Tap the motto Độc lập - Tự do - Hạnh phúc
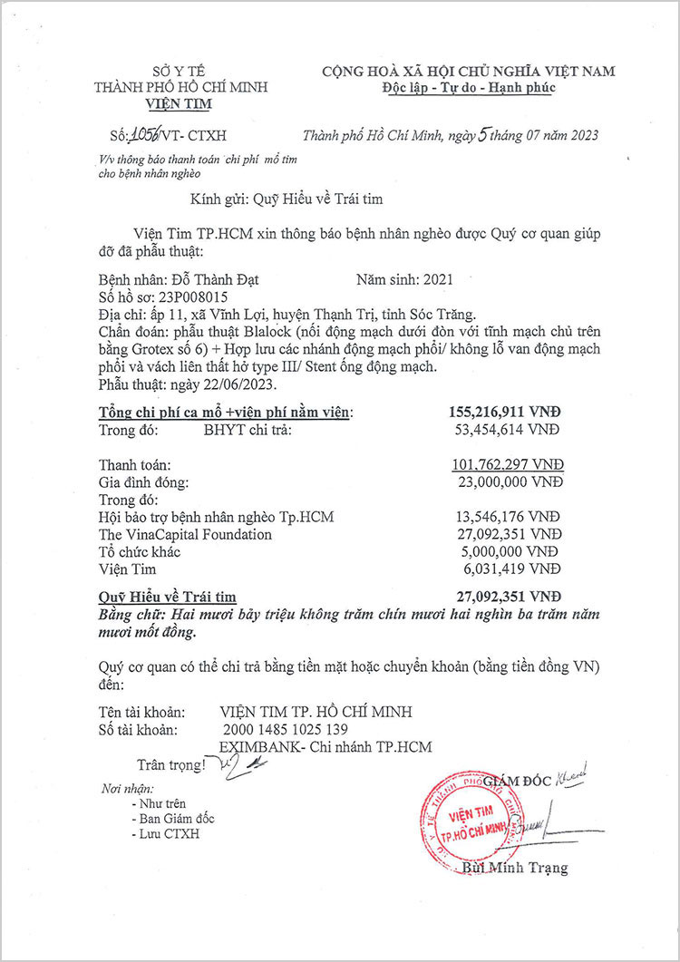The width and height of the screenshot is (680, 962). tap(468, 88)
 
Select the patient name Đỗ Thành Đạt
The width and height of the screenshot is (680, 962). tap(215, 280)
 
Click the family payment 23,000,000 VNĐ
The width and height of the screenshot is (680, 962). tap(510, 482)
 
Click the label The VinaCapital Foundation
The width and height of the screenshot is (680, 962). tap(185, 535)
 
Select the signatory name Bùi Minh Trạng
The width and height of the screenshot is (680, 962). tap(514, 868)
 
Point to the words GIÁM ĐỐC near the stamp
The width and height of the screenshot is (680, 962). tap(519, 781)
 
